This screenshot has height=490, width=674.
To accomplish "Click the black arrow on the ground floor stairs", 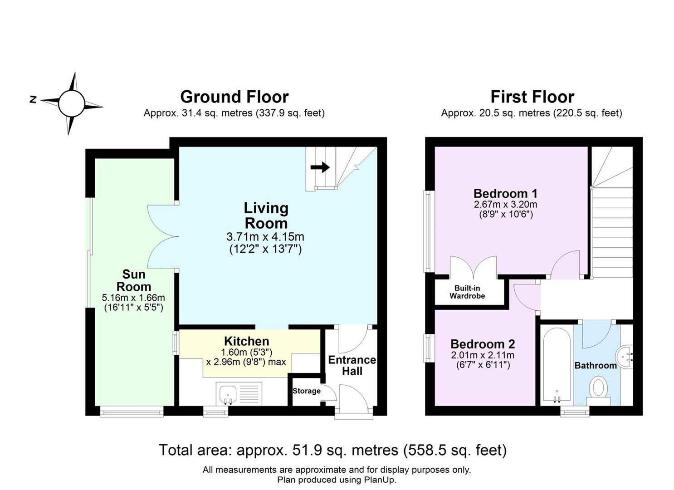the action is click(320, 167).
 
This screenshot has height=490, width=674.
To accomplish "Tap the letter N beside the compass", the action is click(33, 99).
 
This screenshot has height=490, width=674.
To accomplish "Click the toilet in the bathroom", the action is click(598, 391).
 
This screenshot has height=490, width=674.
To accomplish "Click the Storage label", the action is click(306, 391).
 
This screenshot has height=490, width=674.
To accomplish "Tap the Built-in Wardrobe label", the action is click(467, 292).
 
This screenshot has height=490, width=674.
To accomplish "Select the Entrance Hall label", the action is click(352, 365).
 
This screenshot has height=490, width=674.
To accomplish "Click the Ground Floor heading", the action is click(234, 97).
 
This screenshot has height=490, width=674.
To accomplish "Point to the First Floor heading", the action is click(532, 97).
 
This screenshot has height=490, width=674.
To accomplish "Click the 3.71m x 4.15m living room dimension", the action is click(265, 237).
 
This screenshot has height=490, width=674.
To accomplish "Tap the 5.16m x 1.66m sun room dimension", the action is click(133, 298).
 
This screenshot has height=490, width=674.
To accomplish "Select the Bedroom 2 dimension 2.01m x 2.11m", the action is click(483, 355).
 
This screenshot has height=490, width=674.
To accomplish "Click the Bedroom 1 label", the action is click(505, 193).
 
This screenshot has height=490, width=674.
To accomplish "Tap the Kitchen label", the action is click(246, 341).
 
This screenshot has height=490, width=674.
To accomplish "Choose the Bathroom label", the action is click(596, 365).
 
